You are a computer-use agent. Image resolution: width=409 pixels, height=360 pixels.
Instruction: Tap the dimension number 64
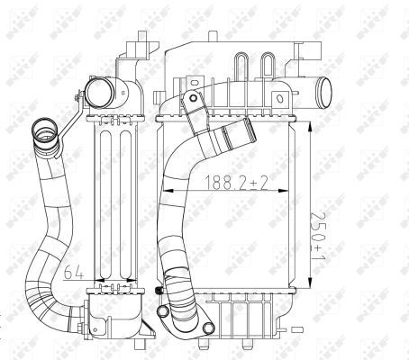77,269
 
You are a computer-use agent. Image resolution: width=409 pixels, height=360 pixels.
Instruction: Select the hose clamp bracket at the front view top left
194,106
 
